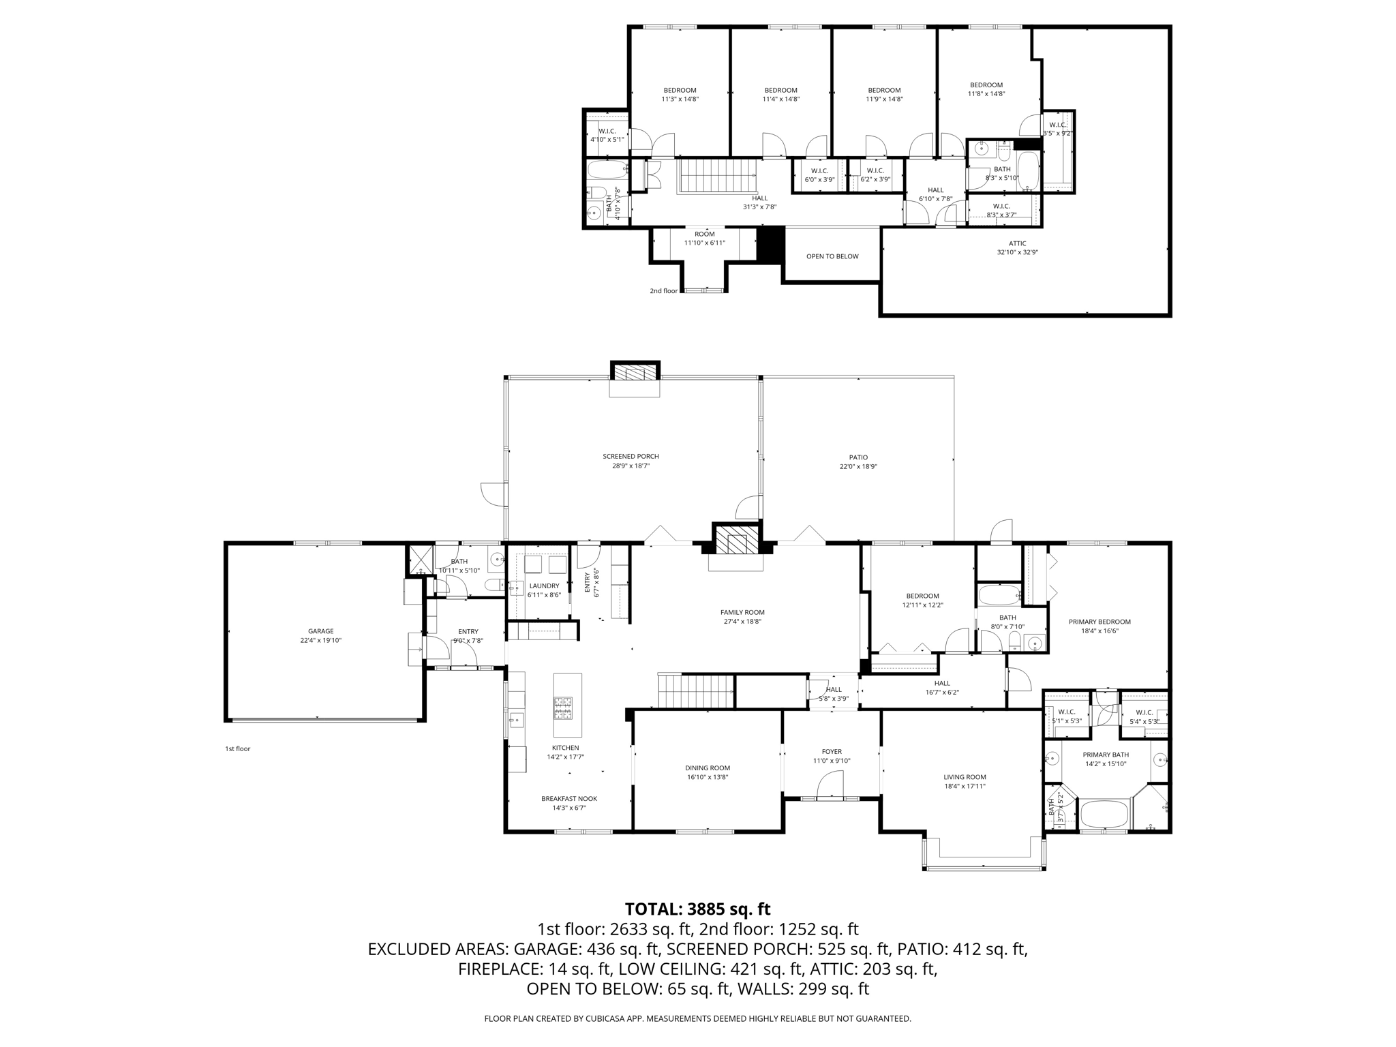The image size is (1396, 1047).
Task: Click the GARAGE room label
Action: [x=320, y=631]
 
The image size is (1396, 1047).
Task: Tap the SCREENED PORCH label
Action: [x=631, y=457]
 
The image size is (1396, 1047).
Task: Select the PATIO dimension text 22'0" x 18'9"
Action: [x=858, y=467]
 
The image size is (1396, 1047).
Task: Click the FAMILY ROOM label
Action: [x=742, y=612]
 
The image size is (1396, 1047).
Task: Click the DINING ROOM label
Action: [x=708, y=768]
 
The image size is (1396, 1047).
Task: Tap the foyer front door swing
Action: [x=830, y=784]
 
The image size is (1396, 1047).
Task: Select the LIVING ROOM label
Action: [x=965, y=777]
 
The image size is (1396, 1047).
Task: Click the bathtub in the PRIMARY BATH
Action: [x=1104, y=815]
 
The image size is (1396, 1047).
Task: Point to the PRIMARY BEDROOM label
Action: [x=1099, y=622]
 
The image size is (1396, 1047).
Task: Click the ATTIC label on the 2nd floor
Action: [x=1017, y=243]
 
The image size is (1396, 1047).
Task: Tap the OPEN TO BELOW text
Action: [x=832, y=256]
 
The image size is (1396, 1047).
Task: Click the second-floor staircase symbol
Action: [x=716, y=177]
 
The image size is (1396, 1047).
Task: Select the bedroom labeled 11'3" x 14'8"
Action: [x=680, y=94]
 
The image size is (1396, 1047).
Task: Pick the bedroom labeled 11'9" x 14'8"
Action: [x=884, y=94]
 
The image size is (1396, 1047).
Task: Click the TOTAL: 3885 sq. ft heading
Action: [x=697, y=909]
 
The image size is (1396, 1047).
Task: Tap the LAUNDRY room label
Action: [x=544, y=586]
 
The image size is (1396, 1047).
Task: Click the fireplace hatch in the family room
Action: [x=736, y=543]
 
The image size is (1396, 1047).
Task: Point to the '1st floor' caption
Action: [x=238, y=748]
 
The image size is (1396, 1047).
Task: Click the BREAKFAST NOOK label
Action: [x=569, y=799]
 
